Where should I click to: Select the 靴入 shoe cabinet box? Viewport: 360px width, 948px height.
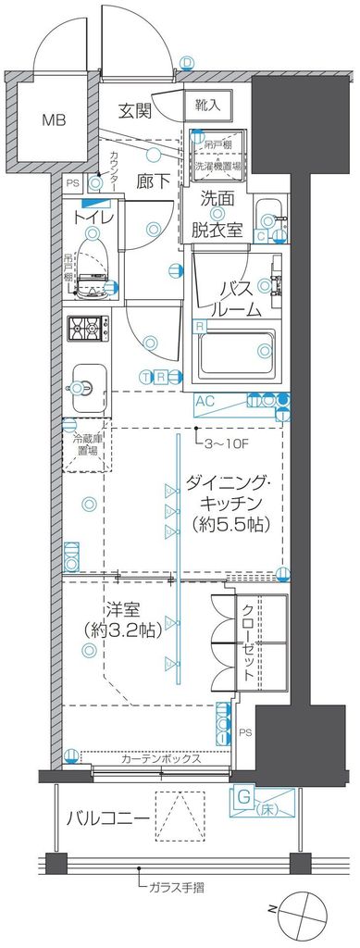(207, 105)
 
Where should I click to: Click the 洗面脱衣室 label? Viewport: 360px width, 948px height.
(224, 216)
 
